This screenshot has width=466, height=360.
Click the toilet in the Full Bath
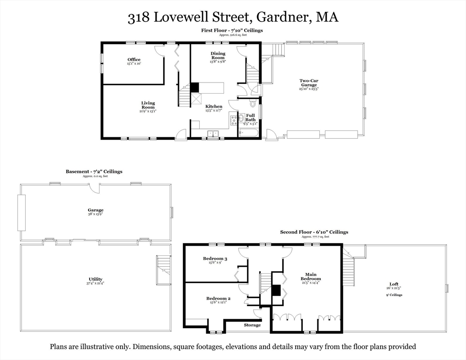(x=253, y=104)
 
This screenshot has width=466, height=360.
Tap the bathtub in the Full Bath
(x=248, y=133)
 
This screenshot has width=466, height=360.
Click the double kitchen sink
(x=214, y=134)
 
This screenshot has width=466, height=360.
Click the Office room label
(x=134, y=60)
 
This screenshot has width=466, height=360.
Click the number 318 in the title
(x=139, y=18)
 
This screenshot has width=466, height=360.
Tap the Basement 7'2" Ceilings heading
(x=94, y=172)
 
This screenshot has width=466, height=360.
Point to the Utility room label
(x=95, y=279)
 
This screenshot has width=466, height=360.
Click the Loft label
(x=395, y=284)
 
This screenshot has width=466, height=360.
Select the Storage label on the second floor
(x=252, y=325)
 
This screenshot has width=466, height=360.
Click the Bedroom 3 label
(x=215, y=258)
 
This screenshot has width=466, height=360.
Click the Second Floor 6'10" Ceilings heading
(x=314, y=232)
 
